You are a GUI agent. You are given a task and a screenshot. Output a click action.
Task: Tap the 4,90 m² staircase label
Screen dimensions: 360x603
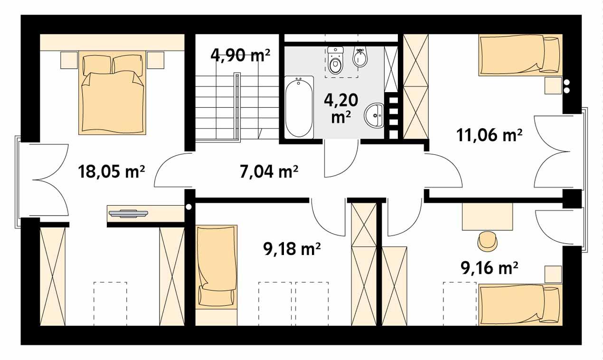(x=240, y=56)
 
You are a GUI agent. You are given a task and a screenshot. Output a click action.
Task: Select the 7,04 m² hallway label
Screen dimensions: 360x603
(x=268, y=171)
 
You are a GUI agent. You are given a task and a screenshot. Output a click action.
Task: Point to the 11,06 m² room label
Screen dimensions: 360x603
(x=489, y=136)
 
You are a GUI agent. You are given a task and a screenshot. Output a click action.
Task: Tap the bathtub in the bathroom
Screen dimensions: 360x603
(x=299, y=107)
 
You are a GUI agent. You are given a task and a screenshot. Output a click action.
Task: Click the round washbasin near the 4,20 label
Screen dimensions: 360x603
(x=375, y=115)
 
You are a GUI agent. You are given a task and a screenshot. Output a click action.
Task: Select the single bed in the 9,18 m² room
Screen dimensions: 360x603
(x=216, y=266)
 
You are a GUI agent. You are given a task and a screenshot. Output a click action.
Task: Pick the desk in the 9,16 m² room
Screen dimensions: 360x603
(x=487, y=216)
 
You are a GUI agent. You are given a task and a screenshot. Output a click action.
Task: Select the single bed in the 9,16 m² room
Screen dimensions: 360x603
(x=520, y=303)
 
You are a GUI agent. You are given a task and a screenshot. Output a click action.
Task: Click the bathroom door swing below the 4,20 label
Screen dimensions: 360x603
(x=341, y=159)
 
